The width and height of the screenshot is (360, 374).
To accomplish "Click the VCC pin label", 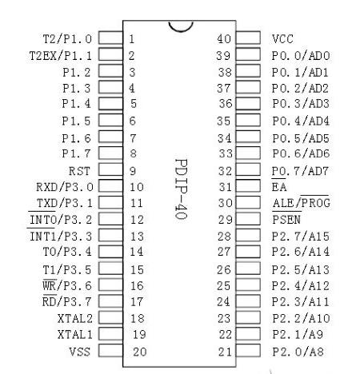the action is (282, 39).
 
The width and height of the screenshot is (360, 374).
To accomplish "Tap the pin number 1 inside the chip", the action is (131, 39).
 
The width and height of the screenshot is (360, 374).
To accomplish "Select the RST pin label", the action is (79, 171).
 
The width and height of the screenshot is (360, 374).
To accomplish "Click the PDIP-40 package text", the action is (182, 189).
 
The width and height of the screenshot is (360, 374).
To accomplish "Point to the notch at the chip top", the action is (181, 30).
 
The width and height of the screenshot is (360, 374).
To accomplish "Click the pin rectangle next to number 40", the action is (248, 38).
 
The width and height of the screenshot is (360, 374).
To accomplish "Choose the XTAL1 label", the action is (75, 334).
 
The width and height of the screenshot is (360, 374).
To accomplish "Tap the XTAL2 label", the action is (75, 318).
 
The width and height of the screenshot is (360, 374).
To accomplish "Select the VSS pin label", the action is (80, 352).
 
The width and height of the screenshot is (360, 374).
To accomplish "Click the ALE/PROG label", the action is (302, 202).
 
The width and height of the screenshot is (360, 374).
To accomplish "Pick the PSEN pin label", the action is (286, 219).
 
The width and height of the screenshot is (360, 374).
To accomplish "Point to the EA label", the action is (279, 186).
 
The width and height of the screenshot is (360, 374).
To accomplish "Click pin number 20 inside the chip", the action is (140, 352).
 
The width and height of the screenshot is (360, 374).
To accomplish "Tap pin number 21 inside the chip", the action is (225, 352).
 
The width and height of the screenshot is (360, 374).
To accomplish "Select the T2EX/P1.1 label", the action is (61, 56).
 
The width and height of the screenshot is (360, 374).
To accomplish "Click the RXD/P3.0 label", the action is (65, 187).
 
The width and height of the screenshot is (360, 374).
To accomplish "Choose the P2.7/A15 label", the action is (301, 236).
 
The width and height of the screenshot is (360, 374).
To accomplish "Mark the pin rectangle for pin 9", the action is (110, 169).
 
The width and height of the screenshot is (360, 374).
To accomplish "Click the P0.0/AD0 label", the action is (301, 56).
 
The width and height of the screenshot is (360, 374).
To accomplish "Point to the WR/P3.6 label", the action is (67, 285).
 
